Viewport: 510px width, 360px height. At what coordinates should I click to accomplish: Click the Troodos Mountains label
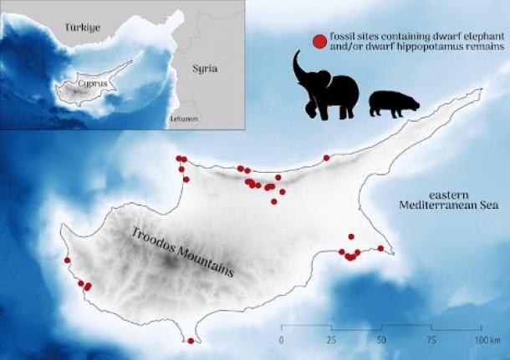pyautogui.click(x=181, y=252)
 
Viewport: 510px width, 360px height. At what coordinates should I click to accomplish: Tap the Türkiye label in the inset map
pyautogui.click(x=82, y=28)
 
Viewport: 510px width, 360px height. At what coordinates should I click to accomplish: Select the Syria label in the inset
pyautogui.click(x=204, y=68)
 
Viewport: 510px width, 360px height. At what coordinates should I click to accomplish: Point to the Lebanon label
pyautogui.click(x=183, y=119)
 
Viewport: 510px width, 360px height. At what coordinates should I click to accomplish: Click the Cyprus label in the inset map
pyautogui.click(x=89, y=84)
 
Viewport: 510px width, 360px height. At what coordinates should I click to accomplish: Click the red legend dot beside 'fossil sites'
pyautogui.click(x=318, y=41)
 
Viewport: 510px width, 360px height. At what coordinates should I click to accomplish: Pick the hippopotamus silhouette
pyautogui.click(x=393, y=103)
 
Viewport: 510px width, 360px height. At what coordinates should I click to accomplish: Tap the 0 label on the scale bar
pyautogui.click(x=281, y=340)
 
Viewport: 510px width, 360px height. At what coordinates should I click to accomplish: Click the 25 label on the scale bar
pyautogui.click(x=331, y=340)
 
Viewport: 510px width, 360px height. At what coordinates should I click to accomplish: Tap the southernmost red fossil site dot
pyautogui.click(x=191, y=341)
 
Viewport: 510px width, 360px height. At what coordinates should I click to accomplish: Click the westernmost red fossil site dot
pyautogui.click(x=68, y=260)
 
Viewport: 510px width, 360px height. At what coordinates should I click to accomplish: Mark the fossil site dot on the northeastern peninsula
pyautogui.click(x=326, y=157)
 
